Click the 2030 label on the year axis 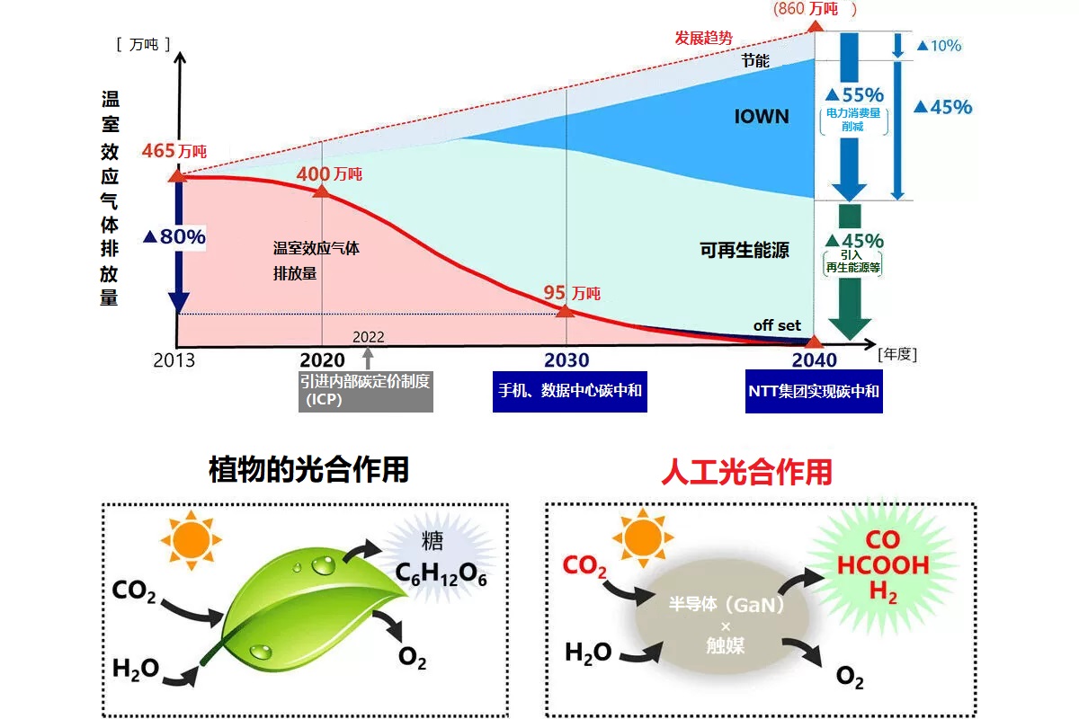[x=566, y=360]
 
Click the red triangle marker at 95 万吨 [x=566, y=311]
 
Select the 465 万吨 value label [x=174, y=151]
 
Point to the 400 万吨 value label [x=330, y=173]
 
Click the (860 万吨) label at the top [x=815, y=9]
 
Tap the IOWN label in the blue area [x=761, y=116]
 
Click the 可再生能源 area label [x=744, y=251]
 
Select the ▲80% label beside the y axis [x=174, y=237]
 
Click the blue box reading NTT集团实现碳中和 [x=815, y=392]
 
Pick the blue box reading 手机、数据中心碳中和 [x=569, y=392]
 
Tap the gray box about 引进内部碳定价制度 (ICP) [x=365, y=391]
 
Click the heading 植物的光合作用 [x=308, y=469]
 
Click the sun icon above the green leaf [x=190, y=542]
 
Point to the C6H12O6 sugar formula [x=441, y=575]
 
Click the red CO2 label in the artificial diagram [x=584, y=567]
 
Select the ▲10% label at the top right [x=938, y=45]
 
